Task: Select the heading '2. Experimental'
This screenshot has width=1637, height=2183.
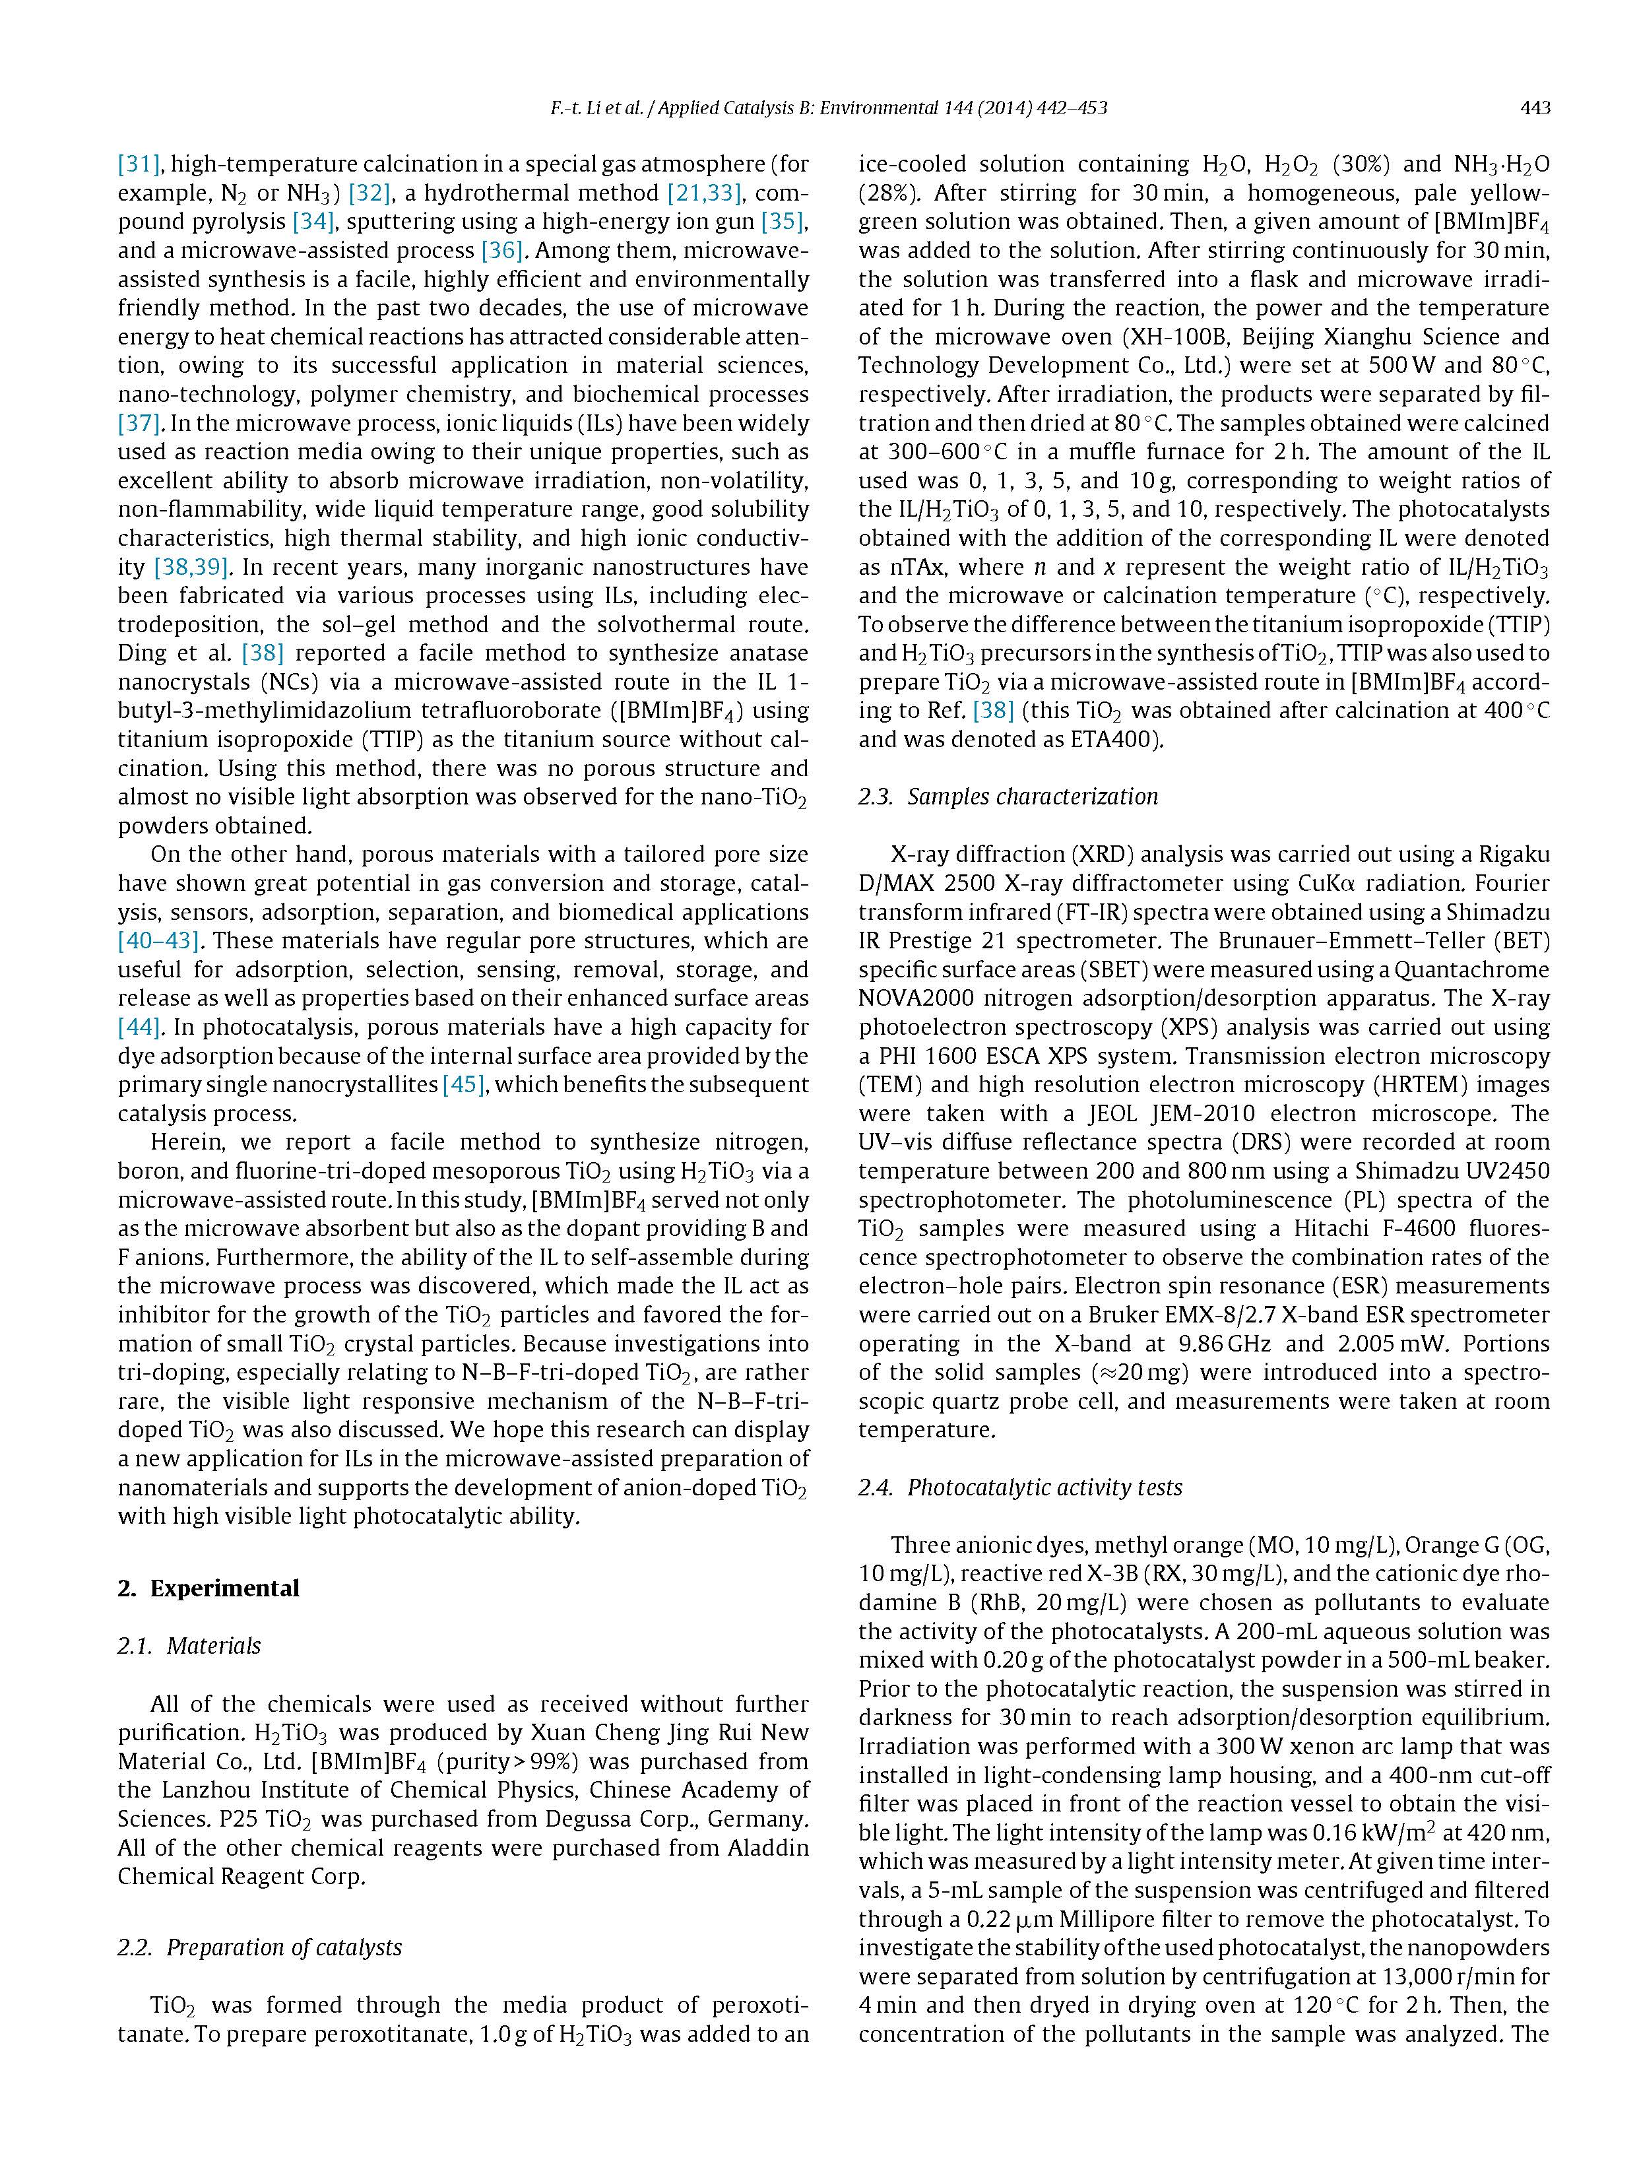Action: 209,1588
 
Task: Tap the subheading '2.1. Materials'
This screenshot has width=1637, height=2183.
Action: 189,1645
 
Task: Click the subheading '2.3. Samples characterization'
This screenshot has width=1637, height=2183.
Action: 1008,797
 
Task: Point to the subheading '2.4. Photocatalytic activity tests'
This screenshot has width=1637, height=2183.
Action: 1019,1487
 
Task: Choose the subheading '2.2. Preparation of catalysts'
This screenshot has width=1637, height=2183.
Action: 259,1947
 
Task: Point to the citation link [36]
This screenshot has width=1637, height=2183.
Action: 501,251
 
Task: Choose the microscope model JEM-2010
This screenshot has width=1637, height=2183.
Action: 1203,1113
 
